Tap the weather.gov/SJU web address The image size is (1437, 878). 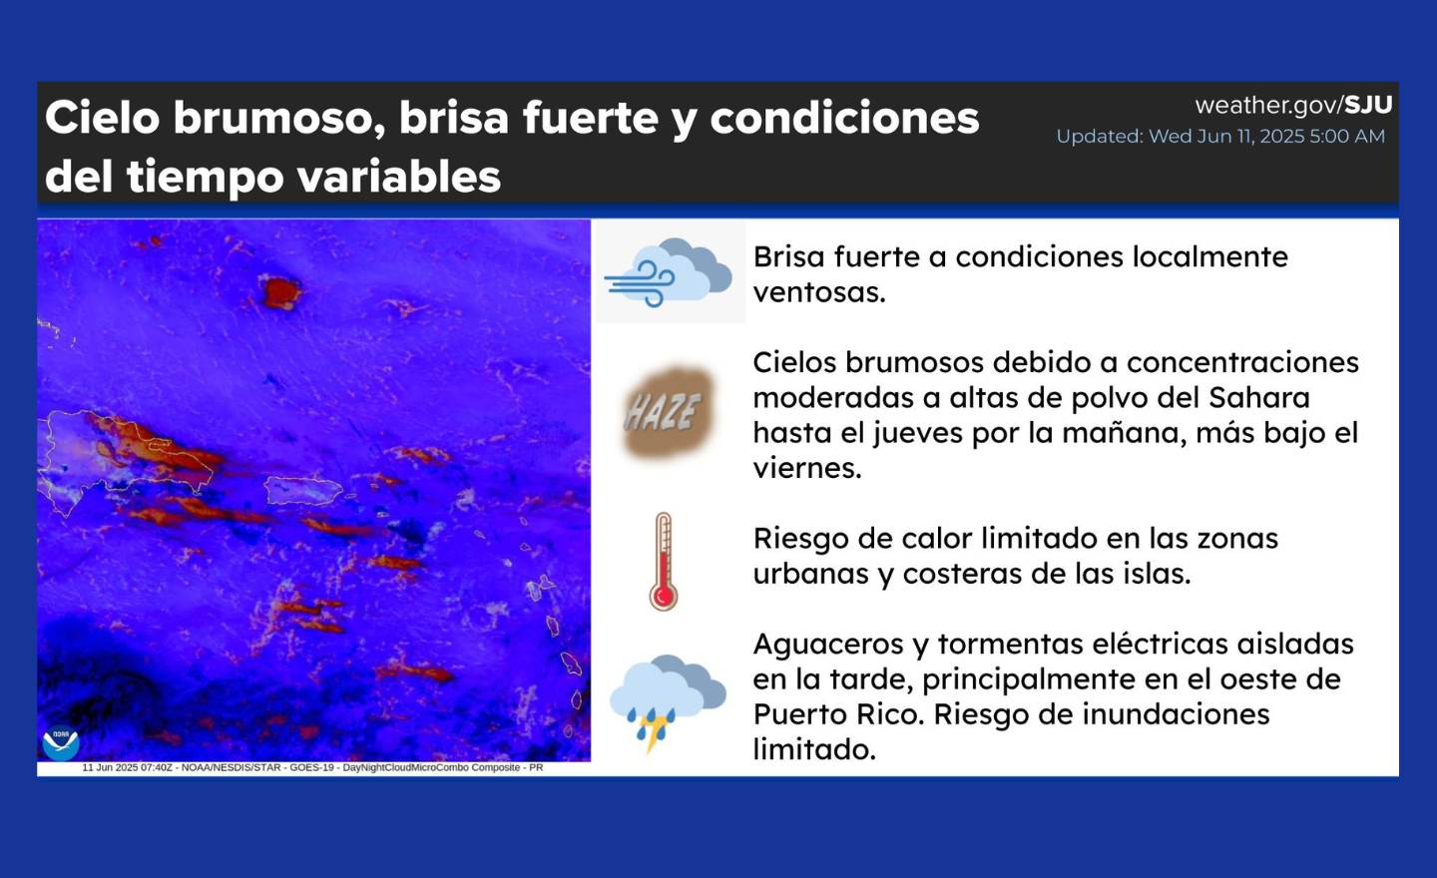pyautogui.click(x=1293, y=105)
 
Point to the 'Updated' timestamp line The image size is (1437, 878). pyautogui.click(x=1220, y=137)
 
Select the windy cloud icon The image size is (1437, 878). pyautogui.click(x=669, y=272)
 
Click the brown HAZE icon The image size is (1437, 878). pyautogui.click(x=665, y=411)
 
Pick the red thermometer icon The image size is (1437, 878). pyautogui.click(x=664, y=561)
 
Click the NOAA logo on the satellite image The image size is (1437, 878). pyautogui.click(x=61, y=742)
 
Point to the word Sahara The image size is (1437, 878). pyautogui.click(x=1258, y=398)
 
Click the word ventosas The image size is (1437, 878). pyautogui.click(x=819, y=292)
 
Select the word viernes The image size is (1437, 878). pyautogui.click(x=807, y=468)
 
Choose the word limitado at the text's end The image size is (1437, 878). pyautogui.click(x=814, y=749)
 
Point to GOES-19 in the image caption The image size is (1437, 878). pyautogui.click(x=311, y=767)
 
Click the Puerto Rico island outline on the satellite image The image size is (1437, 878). pyautogui.click(x=302, y=491)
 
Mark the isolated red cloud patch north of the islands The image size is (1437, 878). pyautogui.click(x=281, y=292)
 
